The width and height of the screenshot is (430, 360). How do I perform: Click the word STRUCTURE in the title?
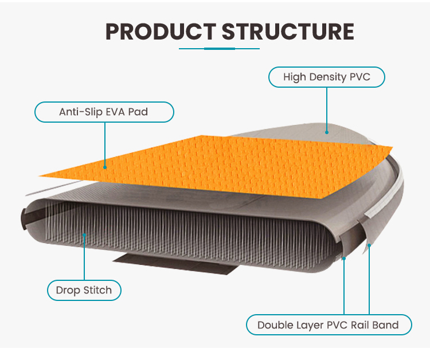[288, 32]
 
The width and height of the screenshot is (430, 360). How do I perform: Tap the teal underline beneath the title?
[220, 49]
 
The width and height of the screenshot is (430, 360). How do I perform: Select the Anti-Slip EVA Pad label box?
[104, 112]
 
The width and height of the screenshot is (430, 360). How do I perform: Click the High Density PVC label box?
[326, 77]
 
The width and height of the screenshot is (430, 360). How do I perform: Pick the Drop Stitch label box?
[84, 291]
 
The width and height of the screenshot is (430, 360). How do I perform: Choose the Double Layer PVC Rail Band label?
[328, 325]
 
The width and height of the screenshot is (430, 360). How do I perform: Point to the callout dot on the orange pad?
[105, 167]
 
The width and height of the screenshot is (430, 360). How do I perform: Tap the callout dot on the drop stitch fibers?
[84, 234]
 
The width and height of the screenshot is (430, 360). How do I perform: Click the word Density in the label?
[329, 77]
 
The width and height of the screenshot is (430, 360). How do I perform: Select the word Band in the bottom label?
[386, 325]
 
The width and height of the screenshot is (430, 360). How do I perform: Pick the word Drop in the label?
[67, 291]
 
